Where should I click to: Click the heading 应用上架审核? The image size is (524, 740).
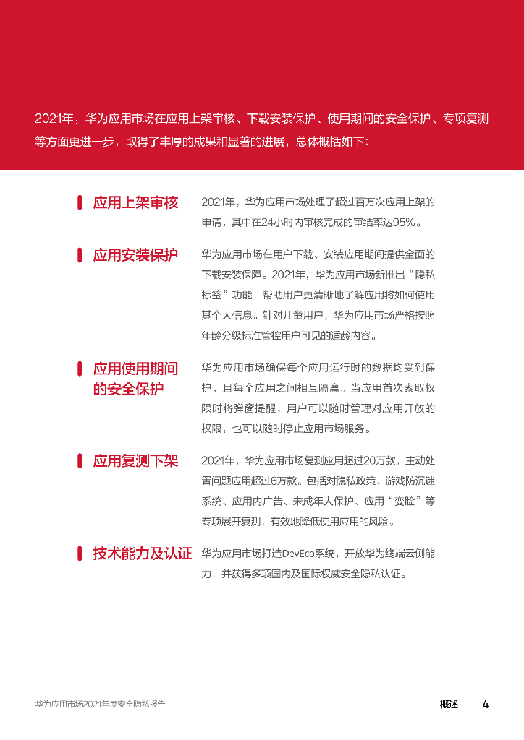135,203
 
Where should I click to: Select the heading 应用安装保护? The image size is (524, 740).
135,255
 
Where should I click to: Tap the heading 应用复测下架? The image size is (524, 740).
135,461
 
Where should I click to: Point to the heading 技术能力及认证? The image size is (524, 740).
143,554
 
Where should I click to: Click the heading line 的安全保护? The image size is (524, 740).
128,390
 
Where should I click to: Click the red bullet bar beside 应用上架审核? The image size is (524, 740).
80,203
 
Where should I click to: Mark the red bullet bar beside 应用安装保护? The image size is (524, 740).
80,255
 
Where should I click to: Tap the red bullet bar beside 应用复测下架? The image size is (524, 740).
80,461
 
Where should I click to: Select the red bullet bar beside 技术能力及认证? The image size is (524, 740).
80,554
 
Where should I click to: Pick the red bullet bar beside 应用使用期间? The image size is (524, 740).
80,369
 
